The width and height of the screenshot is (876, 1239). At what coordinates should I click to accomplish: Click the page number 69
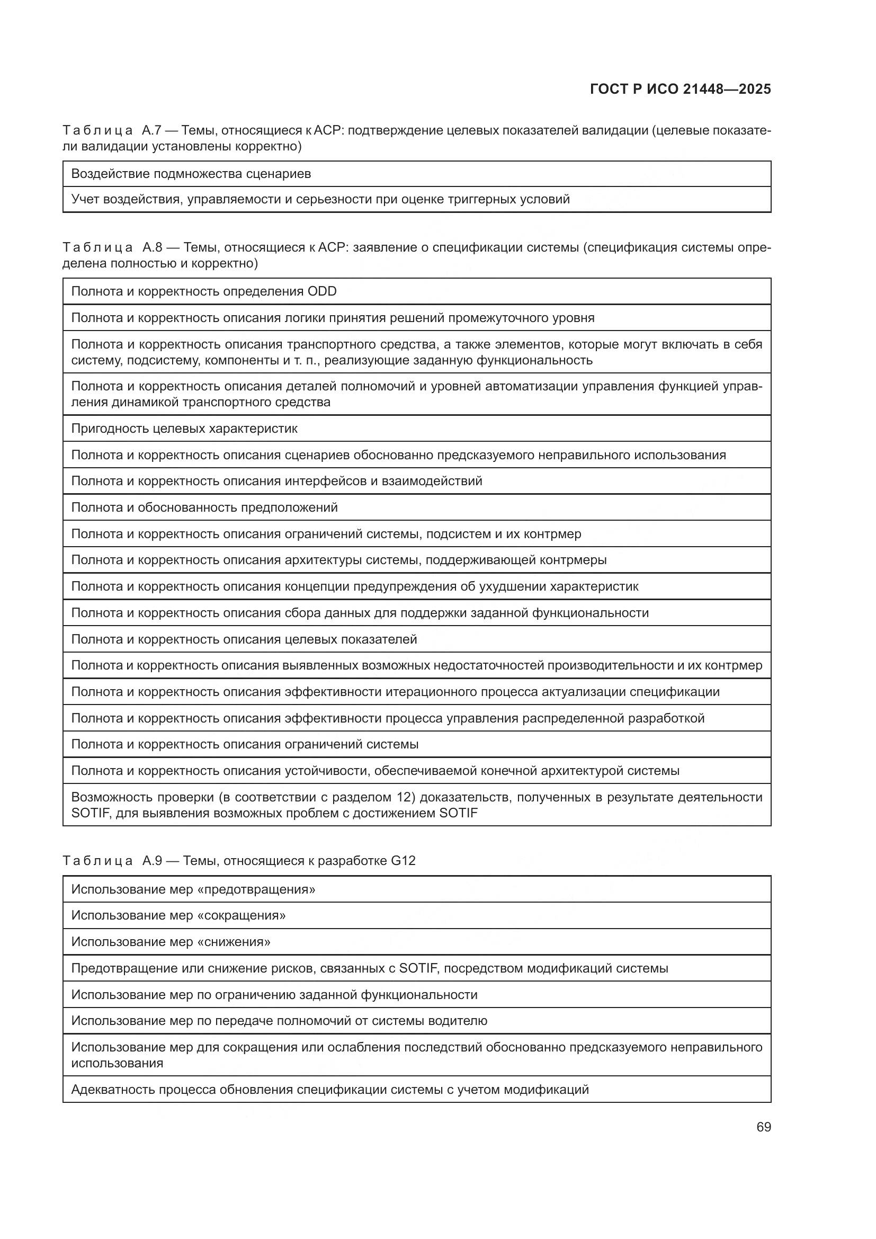[x=763, y=1127]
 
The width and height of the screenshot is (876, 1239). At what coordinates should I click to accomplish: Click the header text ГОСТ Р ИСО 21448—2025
[x=680, y=90]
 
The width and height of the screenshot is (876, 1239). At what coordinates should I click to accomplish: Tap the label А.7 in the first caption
[x=151, y=131]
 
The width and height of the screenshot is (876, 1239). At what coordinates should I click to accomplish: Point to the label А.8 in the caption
[x=152, y=248]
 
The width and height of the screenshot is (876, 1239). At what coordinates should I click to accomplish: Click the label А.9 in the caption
[x=152, y=861]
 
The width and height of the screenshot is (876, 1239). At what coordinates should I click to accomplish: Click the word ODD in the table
[x=321, y=291]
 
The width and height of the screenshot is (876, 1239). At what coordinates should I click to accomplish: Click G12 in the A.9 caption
[x=403, y=861]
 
